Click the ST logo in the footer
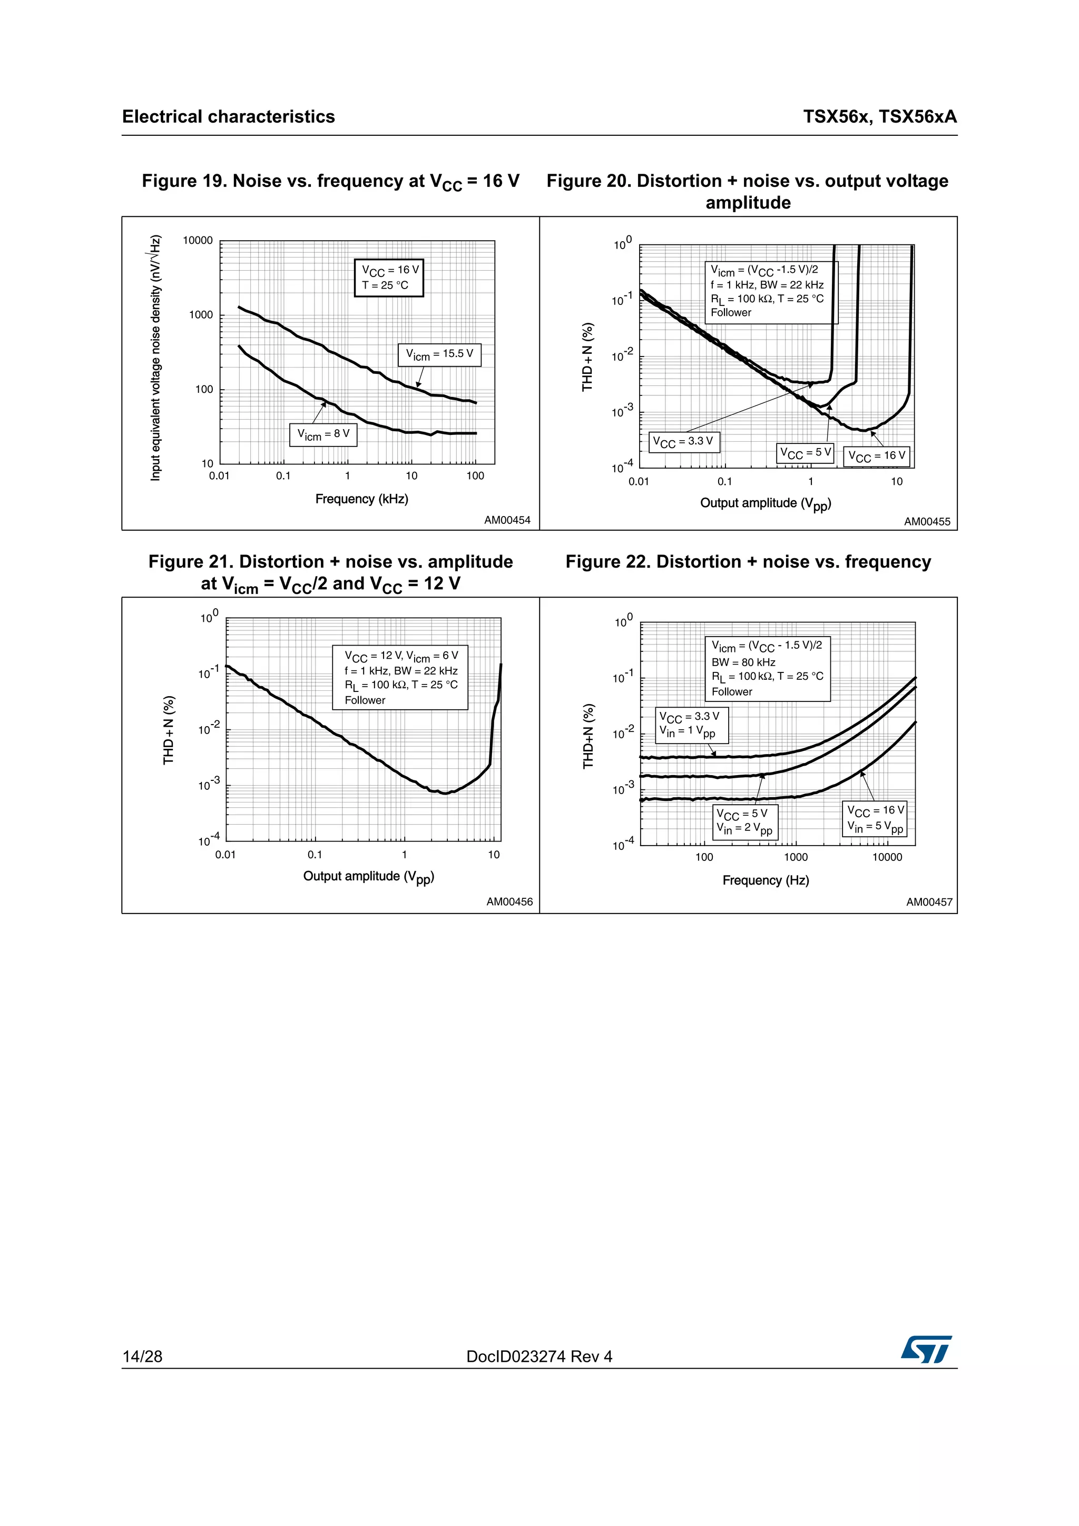(x=926, y=1349)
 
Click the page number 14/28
(x=142, y=1356)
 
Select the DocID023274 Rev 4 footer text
(x=539, y=1356)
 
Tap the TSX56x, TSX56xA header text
(x=879, y=117)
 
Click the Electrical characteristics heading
(x=228, y=117)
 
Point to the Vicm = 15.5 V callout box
(x=439, y=354)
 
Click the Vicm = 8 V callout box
(x=323, y=434)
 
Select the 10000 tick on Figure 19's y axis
(x=198, y=241)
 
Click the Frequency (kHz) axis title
(x=361, y=499)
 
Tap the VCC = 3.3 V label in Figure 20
(x=683, y=442)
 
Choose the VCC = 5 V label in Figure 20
(x=805, y=453)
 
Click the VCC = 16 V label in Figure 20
(x=877, y=456)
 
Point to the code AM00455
(x=927, y=522)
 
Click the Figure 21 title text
(x=330, y=572)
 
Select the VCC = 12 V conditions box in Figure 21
(x=400, y=677)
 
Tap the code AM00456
(x=509, y=902)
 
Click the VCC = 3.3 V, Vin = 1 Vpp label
(x=691, y=725)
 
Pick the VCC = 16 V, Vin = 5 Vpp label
(x=876, y=819)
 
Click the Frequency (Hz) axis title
(x=765, y=880)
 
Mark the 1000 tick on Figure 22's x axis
(x=796, y=857)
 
